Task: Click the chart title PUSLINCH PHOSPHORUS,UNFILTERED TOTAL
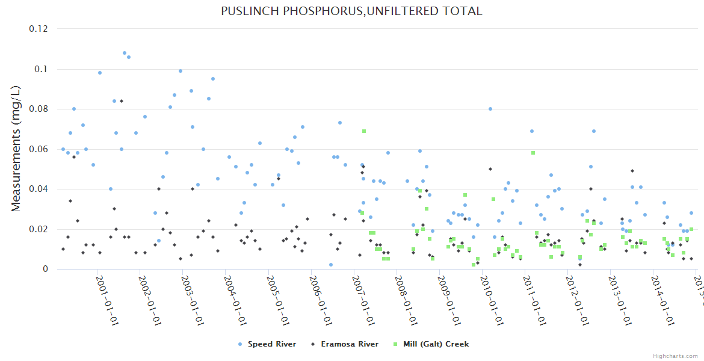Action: click(351, 11)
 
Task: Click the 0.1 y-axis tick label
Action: click(42, 69)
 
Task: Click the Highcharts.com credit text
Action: click(676, 356)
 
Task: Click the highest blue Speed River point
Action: click(125, 53)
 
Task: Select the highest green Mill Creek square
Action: click(364, 131)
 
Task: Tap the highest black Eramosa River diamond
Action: click(121, 101)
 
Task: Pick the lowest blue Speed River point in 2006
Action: click(330, 265)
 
